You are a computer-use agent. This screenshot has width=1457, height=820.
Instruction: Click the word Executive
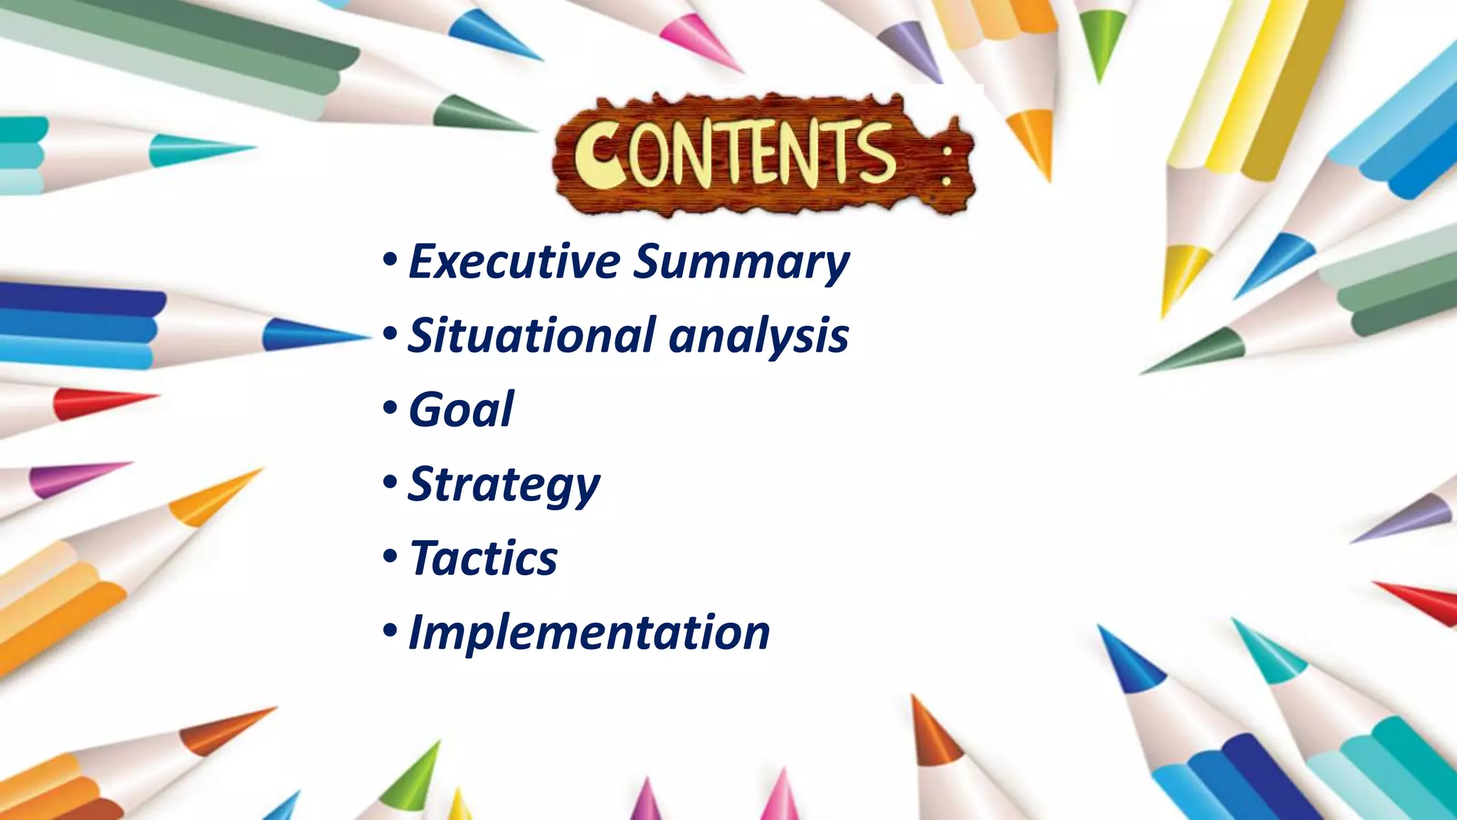tap(514, 261)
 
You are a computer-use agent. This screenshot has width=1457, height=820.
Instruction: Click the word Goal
tap(461, 410)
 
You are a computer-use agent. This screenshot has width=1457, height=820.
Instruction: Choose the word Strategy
tap(504, 485)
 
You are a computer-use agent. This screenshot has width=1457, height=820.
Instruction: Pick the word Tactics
tap(484, 558)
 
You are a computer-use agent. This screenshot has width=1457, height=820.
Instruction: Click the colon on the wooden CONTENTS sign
tap(945, 169)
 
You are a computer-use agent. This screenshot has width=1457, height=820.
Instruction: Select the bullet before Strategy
tap(389, 483)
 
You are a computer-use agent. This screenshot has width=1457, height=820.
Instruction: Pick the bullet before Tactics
tap(389, 557)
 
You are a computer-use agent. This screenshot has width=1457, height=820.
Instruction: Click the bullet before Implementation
tap(389, 631)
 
